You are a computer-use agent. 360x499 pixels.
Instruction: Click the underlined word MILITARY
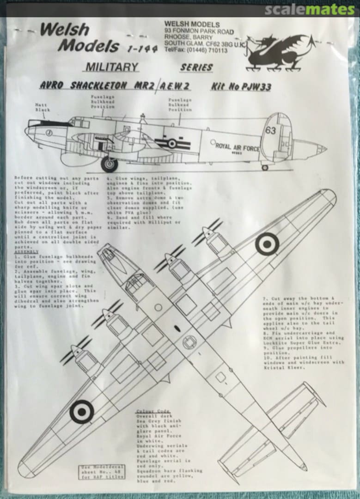click(111, 67)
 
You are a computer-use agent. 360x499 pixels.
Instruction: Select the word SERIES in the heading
click(196, 67)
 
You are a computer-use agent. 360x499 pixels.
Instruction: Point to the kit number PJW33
click(241, 86)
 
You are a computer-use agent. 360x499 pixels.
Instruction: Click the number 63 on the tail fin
click(271, 131)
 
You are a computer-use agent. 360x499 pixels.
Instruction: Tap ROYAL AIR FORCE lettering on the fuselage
click(238, 147)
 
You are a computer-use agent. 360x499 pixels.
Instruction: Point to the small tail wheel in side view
click(265, 167)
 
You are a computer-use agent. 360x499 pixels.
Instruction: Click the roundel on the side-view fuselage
click(172, 144)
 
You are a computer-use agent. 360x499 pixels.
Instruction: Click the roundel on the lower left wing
click(82, 411)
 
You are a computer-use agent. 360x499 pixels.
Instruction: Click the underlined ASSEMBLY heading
click(24, 253)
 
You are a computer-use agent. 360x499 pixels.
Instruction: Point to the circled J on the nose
click(49, 132)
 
